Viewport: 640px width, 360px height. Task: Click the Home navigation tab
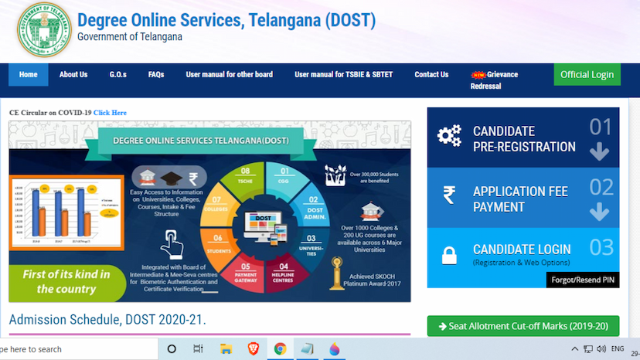click(28, 75)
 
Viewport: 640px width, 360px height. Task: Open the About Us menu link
click(73, 75)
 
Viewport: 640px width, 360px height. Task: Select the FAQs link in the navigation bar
click(156, 75)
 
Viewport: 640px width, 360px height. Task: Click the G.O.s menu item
click(117, 75)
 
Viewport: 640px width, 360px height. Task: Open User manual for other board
click(230, 75)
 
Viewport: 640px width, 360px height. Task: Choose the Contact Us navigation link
click(431, 75)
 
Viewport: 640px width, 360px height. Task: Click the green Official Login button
click(587, 75)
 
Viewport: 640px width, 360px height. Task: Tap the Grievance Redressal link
click(495, 80)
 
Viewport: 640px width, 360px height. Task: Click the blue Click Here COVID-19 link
click(110, 113)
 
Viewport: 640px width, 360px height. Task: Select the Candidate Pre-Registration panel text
click(524, 139)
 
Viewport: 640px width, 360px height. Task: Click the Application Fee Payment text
click(520, 199)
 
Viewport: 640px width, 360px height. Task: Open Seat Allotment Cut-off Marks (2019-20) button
click(523, 327)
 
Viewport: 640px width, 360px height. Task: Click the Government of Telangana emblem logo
click(43, 29)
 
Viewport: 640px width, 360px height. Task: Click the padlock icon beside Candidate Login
click(448, 255)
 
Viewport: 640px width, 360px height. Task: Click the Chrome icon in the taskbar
click(280, 349)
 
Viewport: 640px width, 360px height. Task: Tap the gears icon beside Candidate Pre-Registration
click(448, 136)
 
